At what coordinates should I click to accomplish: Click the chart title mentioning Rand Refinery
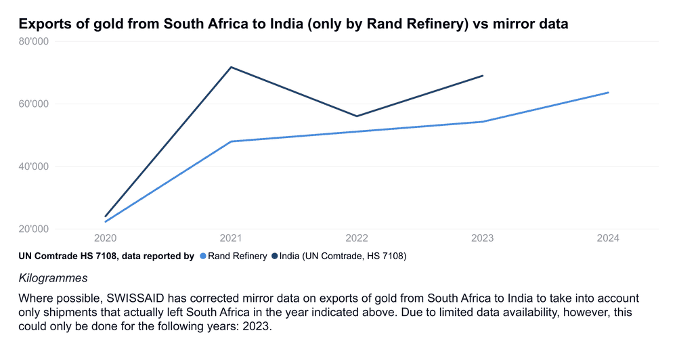point(293,24)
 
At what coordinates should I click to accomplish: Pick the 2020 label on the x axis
point(106,239)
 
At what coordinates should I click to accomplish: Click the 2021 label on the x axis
point(231,239)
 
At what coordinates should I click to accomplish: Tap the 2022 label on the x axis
point(357,239)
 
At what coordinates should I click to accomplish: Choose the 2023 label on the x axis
point(483,239)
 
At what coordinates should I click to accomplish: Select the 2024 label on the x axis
point(608,239)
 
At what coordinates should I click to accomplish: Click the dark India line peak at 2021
point(231,67)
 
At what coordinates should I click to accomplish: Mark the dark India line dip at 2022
point(357,116)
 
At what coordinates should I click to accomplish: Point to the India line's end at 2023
point(483,76)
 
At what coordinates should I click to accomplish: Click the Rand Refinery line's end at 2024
point(609,92)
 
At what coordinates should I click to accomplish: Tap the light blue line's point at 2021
point(231,141)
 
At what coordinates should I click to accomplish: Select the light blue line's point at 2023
point(483,122)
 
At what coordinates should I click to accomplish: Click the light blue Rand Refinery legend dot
point(202,256)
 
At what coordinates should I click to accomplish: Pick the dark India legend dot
point(274,256)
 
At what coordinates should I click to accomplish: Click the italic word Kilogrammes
point(53,278)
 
